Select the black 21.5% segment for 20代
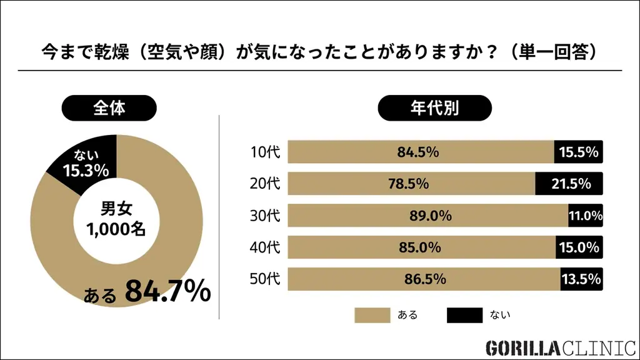click(x=568, y=184)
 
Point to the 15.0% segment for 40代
click(x=579, y=247)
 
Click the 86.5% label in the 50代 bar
click(x=426, y=279)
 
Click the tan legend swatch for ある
click(x=371, y=315)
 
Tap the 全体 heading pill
click(x=109, y=107)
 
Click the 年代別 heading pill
click(x=434, y=107)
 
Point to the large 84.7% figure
click(x=167, y=291)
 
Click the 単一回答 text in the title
click(x=556, y=51)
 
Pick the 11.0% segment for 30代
click(x=585, y=216)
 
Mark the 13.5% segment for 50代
click(x=581, y=279)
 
